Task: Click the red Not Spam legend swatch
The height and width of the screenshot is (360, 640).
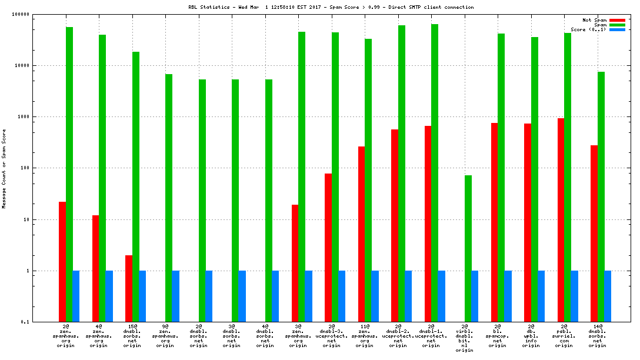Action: pyautogui.click(x=617, y=20)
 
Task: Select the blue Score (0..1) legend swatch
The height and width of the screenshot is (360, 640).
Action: pyautogui.click(x=617, y=29)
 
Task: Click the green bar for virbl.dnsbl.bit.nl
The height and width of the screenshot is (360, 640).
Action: pyautogui.click(x=468, y=248)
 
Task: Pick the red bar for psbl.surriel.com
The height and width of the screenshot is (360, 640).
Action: pyautogui.click(x=561, y=220)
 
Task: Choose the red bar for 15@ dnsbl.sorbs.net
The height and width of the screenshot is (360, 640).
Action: pyautogui.click(x=129, y=288)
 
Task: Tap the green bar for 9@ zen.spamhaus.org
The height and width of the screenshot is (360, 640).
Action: pyautogui.click(x=169, y=198)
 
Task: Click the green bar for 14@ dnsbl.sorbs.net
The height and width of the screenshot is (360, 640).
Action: pyautogui.click(x=601, y=196)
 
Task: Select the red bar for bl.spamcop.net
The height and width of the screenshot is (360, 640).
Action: pyautogui.click(x=494, y=222)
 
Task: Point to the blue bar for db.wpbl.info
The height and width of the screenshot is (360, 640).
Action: pyautogui.click(x=541, y=296)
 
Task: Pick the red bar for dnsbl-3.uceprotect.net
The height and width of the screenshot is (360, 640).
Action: pyautogui.click(x=328, y=248)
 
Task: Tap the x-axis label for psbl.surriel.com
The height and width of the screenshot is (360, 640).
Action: pyautogui.click(x=564, y=336)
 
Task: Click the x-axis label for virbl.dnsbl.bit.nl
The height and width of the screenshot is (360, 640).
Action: pyautogui.click(x=465, y=338)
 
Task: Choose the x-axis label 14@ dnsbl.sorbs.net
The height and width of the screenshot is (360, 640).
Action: pyautogui.click(x=598, y=336)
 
